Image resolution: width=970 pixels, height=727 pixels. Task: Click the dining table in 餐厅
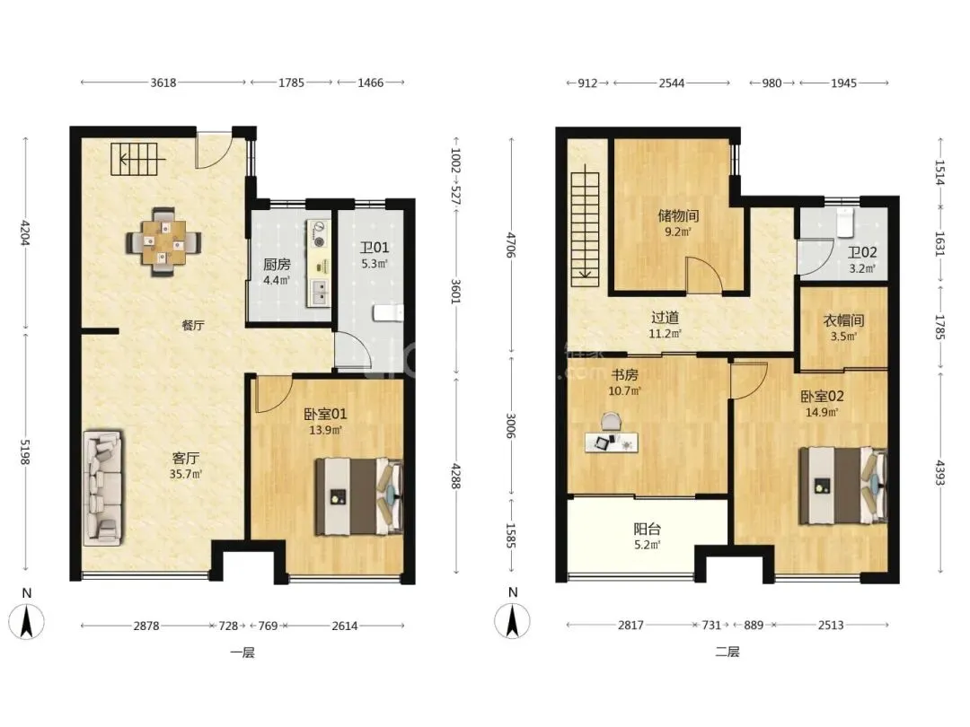(x=164, y=241)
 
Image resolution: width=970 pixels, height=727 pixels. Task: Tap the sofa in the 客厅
(x=103, y=488)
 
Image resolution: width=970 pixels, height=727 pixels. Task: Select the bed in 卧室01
(x=359, y=496)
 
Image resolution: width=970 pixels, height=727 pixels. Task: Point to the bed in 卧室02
(x=843, y=486)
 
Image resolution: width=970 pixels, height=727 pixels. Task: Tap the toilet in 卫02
(x=844, y=223)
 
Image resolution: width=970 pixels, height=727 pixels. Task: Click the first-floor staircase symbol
(x=134, y=160)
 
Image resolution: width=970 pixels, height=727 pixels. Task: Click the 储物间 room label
(x=678, y=215)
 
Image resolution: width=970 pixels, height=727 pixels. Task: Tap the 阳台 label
(x=647, y=530)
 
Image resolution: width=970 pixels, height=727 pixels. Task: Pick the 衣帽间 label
(x=843, y=320)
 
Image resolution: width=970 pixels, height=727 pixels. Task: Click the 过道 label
(x=665, y=317)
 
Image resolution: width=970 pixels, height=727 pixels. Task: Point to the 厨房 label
(x=277, y=265)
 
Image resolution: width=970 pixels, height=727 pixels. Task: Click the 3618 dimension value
(x=163, y=83)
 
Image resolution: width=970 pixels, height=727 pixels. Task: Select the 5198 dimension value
(x=25, y=451)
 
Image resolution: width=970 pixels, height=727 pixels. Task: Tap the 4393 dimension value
(x=940, y=472)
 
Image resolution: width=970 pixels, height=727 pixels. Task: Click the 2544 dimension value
(x=671, y=83)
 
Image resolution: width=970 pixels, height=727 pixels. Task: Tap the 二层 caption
(x=727, y=652)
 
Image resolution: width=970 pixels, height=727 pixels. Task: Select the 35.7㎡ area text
(x=185, y=474)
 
